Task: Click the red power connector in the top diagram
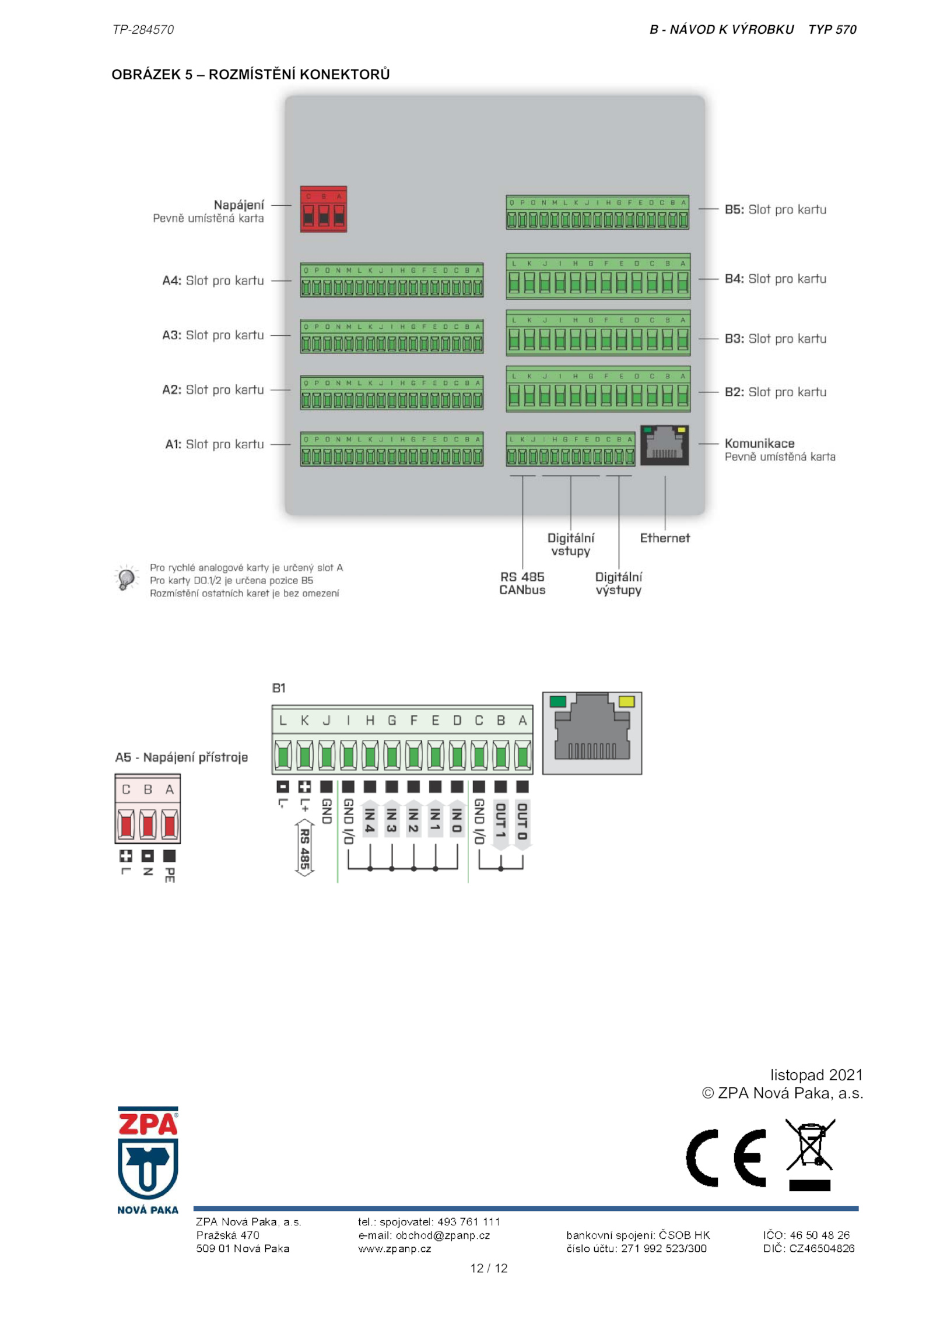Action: point(323,209)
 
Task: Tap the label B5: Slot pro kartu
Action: point(775,209)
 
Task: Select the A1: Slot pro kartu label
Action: point(214,444)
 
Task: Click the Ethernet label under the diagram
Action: point(664,538)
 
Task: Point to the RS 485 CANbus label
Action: point(522,583)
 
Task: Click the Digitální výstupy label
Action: point(618,583)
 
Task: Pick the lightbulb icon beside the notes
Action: point(126,578)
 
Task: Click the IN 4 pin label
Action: point(370,820)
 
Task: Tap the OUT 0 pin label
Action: point(522,821)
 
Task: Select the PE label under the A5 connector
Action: point(170,875)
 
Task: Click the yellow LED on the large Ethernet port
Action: point(626,701)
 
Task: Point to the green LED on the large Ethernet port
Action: point(557,701)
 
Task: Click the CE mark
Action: point(725,1158)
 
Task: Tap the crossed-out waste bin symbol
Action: point(810,1154)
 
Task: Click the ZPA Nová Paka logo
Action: point(148,1160)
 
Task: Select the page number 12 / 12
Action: point(489,1268)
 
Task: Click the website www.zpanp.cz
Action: point(394,1248)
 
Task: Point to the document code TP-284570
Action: point(143,30)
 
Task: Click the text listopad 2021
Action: point(816,1075)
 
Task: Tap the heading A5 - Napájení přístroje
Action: point(181,757)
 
